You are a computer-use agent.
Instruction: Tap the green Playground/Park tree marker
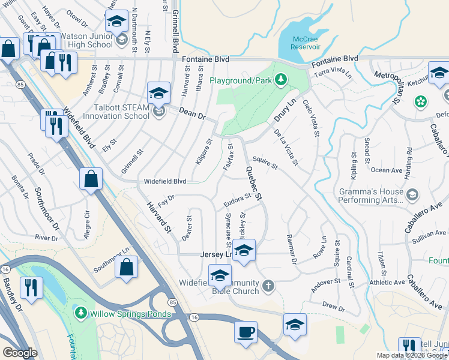[280, 80]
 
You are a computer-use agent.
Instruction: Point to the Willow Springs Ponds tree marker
[80, 313]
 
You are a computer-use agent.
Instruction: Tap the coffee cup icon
[246, 332]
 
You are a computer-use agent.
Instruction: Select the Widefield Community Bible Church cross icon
[269, 287]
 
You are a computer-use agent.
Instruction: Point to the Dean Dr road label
[192, 112]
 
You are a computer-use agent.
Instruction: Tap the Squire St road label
[265, 162]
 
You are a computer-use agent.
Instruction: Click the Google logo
[20, 353]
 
